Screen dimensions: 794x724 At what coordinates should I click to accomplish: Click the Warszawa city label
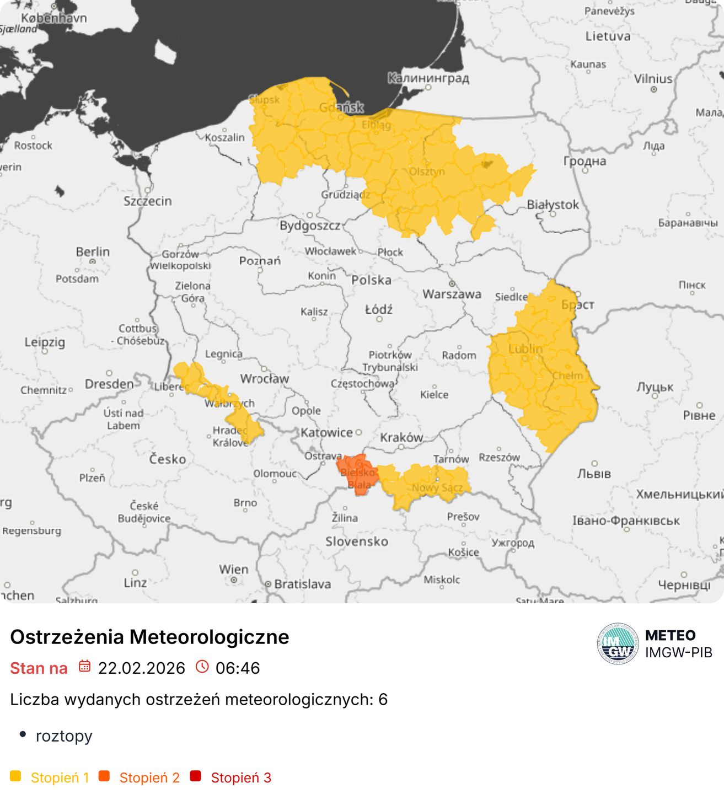pos(452,294)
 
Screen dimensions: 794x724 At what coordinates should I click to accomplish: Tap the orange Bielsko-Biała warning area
pos(357,473)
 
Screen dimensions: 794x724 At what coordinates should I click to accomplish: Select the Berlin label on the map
pos(93,252)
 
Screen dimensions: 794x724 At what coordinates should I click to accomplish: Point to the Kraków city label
pos(401,437)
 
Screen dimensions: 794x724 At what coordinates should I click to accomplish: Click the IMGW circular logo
pos(618,643)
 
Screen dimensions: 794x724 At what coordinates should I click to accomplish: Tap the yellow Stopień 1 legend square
pos(15,776)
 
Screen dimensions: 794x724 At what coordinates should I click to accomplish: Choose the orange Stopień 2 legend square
pos(104,776)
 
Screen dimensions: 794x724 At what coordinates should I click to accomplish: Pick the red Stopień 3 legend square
pos(195,776)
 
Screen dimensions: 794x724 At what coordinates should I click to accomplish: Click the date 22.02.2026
pos(141,668)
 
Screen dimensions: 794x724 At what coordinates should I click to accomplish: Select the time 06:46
pos(238,668)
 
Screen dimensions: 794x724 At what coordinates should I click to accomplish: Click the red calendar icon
pos(84,666)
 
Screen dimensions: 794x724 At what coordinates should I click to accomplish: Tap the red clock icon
pos(202,666)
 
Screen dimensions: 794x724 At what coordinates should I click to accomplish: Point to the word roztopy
pos(64,736)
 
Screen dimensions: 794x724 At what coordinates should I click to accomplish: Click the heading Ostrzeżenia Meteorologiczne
pos(149,637)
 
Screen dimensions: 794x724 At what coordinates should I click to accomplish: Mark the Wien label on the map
pos(233,569)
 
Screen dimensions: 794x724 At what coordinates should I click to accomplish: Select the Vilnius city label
pos(653,79)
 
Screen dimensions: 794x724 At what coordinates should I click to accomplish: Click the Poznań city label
pos(260,261)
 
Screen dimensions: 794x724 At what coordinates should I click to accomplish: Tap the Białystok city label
pos(553,205)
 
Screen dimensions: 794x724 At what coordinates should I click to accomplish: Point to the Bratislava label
pos(302,584)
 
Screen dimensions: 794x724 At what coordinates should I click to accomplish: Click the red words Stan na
pos(39,668)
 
